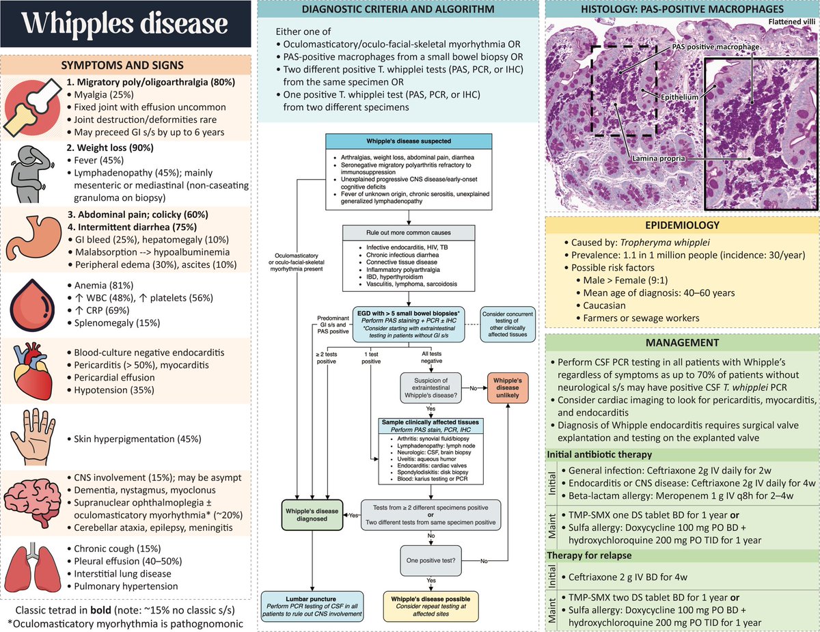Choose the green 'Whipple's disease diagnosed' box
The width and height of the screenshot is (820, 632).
312,514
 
